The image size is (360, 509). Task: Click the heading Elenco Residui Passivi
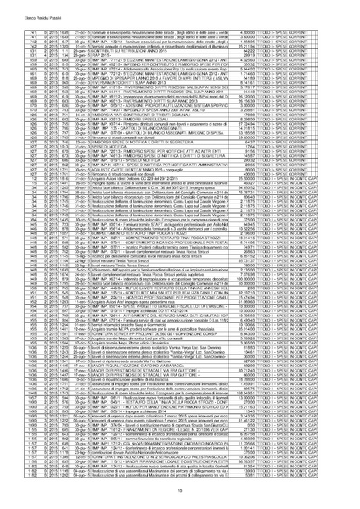[35, 8]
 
